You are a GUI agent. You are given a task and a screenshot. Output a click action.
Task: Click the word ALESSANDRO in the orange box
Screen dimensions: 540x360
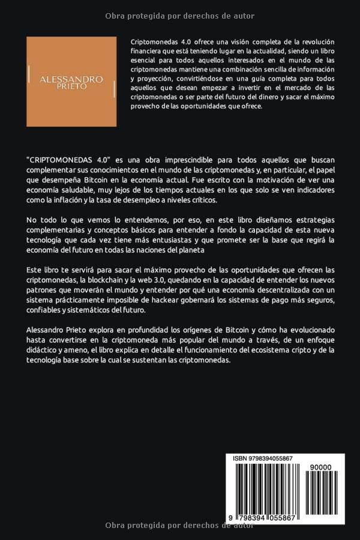click(x=71, y=79)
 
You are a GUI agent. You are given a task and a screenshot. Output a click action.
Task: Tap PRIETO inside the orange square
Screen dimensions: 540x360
click(x=71, y=87)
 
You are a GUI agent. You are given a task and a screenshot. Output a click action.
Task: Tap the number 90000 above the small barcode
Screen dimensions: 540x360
click(x=320, y=467)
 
